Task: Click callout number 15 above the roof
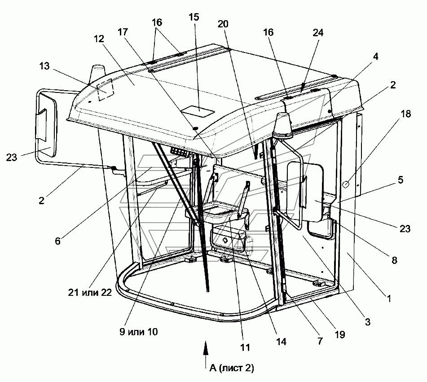(194, 17)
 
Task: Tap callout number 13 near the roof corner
(44, 66)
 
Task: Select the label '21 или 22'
(90, 292)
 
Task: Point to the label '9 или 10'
(139, 332)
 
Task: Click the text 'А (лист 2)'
(232, 368)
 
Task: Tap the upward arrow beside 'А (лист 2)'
(206, 354)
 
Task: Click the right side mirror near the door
(305, 192)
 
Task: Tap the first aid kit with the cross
(228, 240)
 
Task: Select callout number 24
(318, 33)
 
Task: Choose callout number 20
(223, 24)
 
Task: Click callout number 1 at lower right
(389, 299)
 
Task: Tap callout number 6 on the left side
(57, 241)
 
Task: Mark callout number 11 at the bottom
(245, 347)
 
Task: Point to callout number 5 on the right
(401, 180)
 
